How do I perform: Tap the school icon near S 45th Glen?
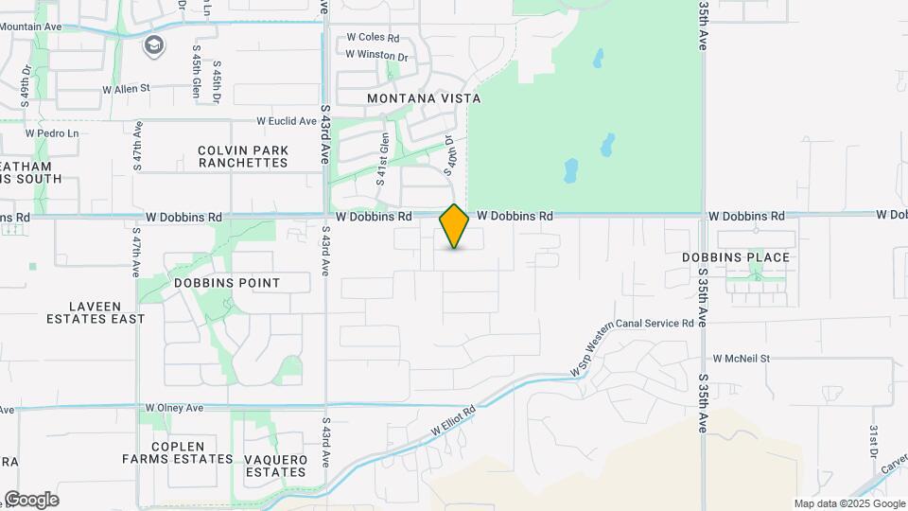153,44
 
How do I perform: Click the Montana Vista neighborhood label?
424,98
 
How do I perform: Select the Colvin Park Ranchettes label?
242,156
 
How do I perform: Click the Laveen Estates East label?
96,312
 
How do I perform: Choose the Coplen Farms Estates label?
177,452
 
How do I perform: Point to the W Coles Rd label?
373,38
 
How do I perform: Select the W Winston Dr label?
376,55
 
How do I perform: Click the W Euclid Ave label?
287,121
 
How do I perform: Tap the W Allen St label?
126,89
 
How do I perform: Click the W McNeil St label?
742,359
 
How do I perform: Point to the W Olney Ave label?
174,408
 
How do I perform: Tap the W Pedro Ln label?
52,133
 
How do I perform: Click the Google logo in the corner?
30,500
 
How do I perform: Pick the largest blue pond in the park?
570,171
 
